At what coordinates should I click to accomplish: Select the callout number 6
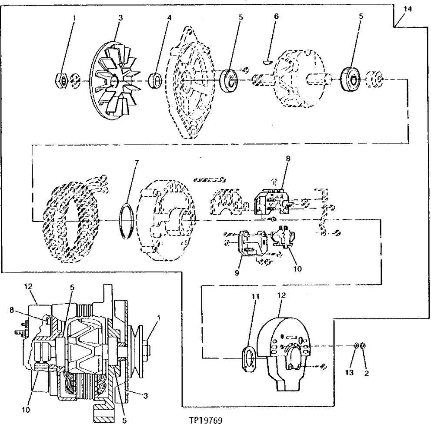pyautogui.click(x=276, y=16)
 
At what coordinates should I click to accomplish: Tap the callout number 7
pyautogui.click(x=137, y=162)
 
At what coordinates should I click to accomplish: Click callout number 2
pyautogui.click(x=366, y=372)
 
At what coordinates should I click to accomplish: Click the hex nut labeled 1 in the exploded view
pyautogui.click(x=61, y=80)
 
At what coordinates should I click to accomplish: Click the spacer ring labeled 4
pyautogui.click(x=155, y=81)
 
